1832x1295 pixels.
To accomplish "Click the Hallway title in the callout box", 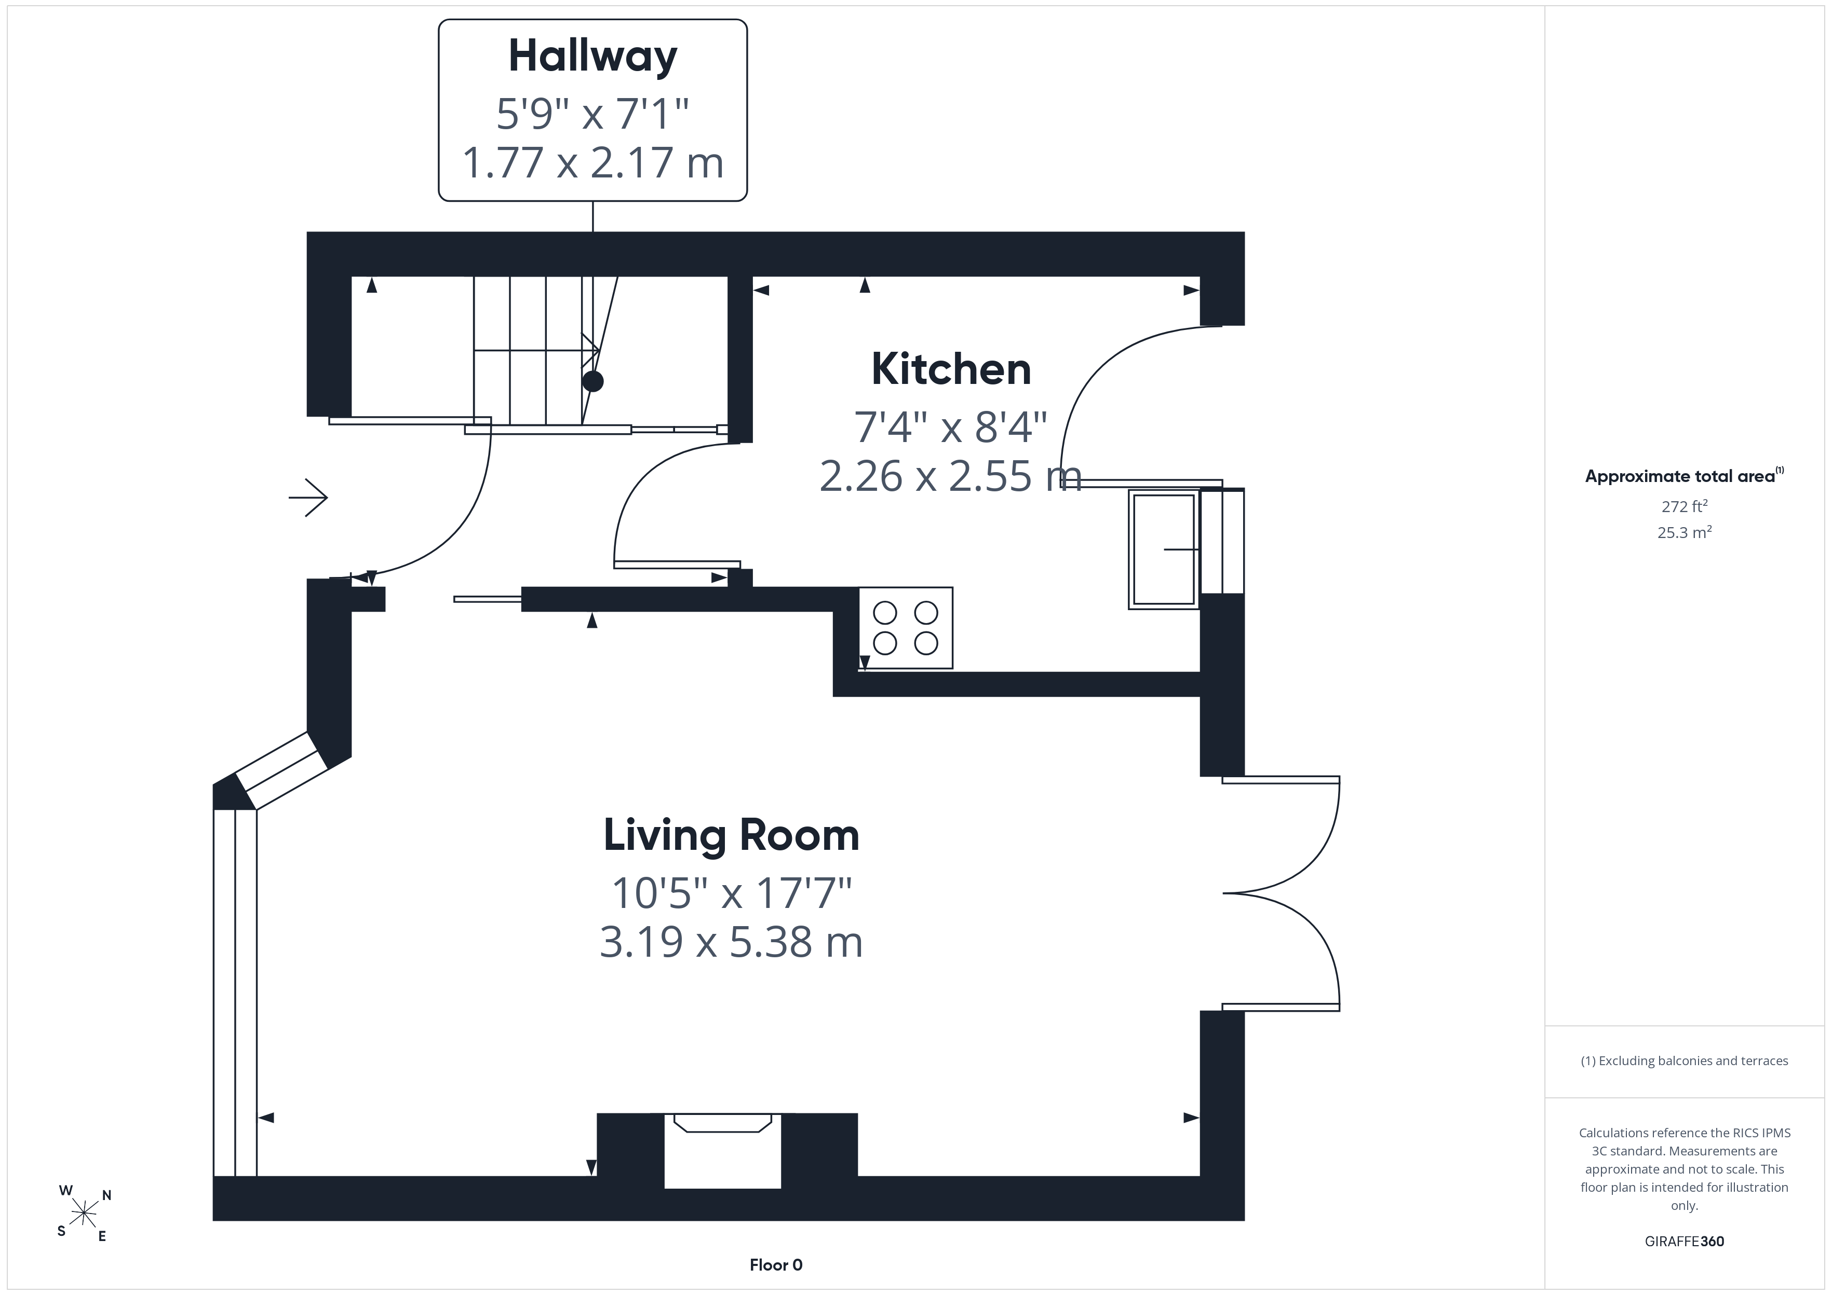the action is [593, 57].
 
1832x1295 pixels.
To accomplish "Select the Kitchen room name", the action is [951, 369].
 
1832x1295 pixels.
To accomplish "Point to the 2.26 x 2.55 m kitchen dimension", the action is [950, 476].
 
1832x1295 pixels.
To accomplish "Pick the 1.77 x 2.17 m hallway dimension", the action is [593, 163].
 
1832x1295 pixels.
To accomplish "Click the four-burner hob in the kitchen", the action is [906, 628].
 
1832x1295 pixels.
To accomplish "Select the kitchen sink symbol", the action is [1163, 549].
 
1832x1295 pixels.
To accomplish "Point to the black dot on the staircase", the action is [593, 381].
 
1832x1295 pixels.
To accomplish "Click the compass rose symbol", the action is [84, 1214].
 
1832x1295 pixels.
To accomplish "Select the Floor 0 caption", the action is [776, 1265].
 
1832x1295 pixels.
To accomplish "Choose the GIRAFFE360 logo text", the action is [1685, 1242].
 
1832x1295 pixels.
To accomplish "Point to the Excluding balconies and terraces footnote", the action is [1685, 1060].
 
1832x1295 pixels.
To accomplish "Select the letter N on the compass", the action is [107, 1195].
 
